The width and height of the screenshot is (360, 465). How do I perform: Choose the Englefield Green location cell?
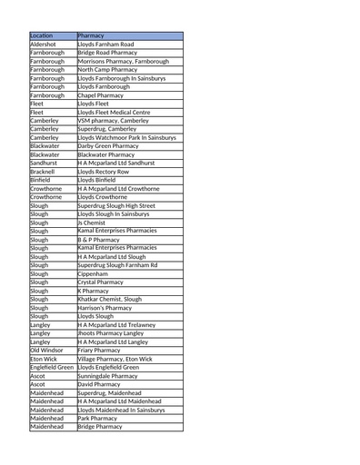point(52,367)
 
